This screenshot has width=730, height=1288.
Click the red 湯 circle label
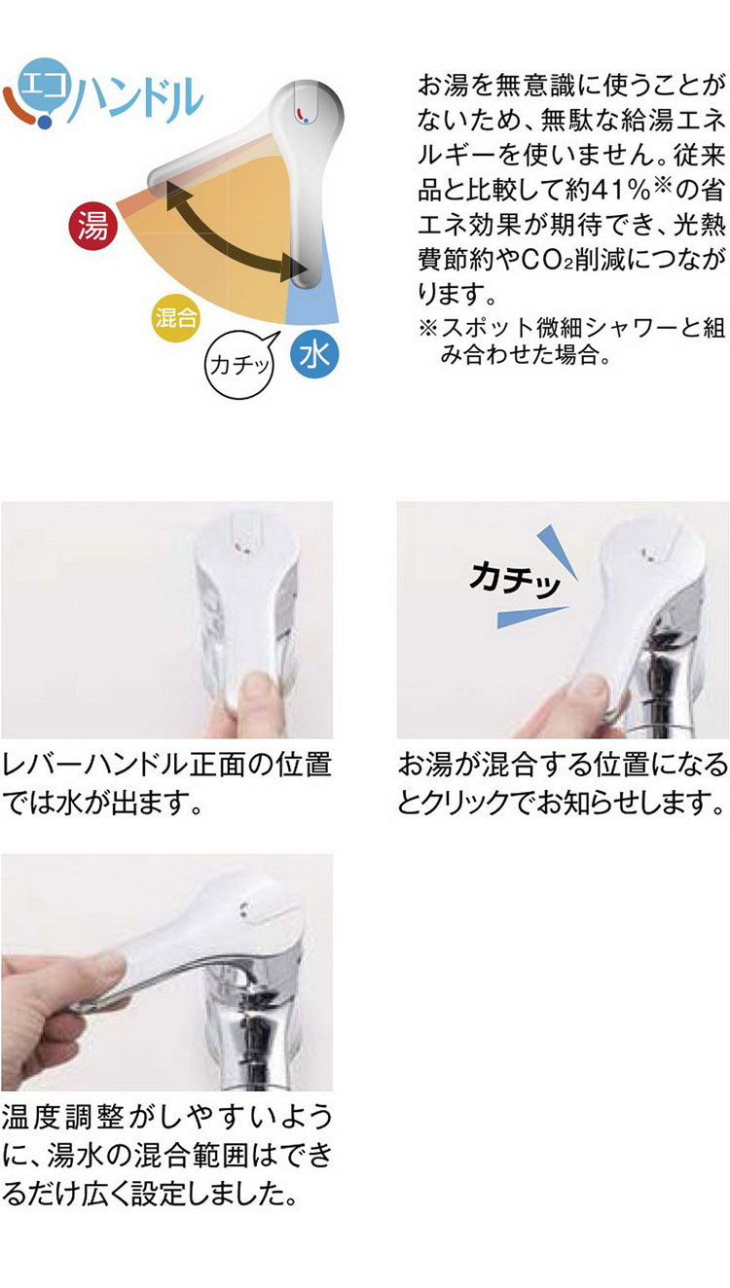click(92, 225)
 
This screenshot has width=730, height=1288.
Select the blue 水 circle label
click(314, 354)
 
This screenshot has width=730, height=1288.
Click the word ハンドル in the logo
click(138, 97)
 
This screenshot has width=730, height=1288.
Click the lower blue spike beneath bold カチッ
click(530, 616)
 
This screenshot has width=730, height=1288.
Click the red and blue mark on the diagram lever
click(303, 114)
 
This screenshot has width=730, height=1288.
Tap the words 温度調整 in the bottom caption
click(62, 1118)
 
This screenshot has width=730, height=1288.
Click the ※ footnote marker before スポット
click(428, 329)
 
